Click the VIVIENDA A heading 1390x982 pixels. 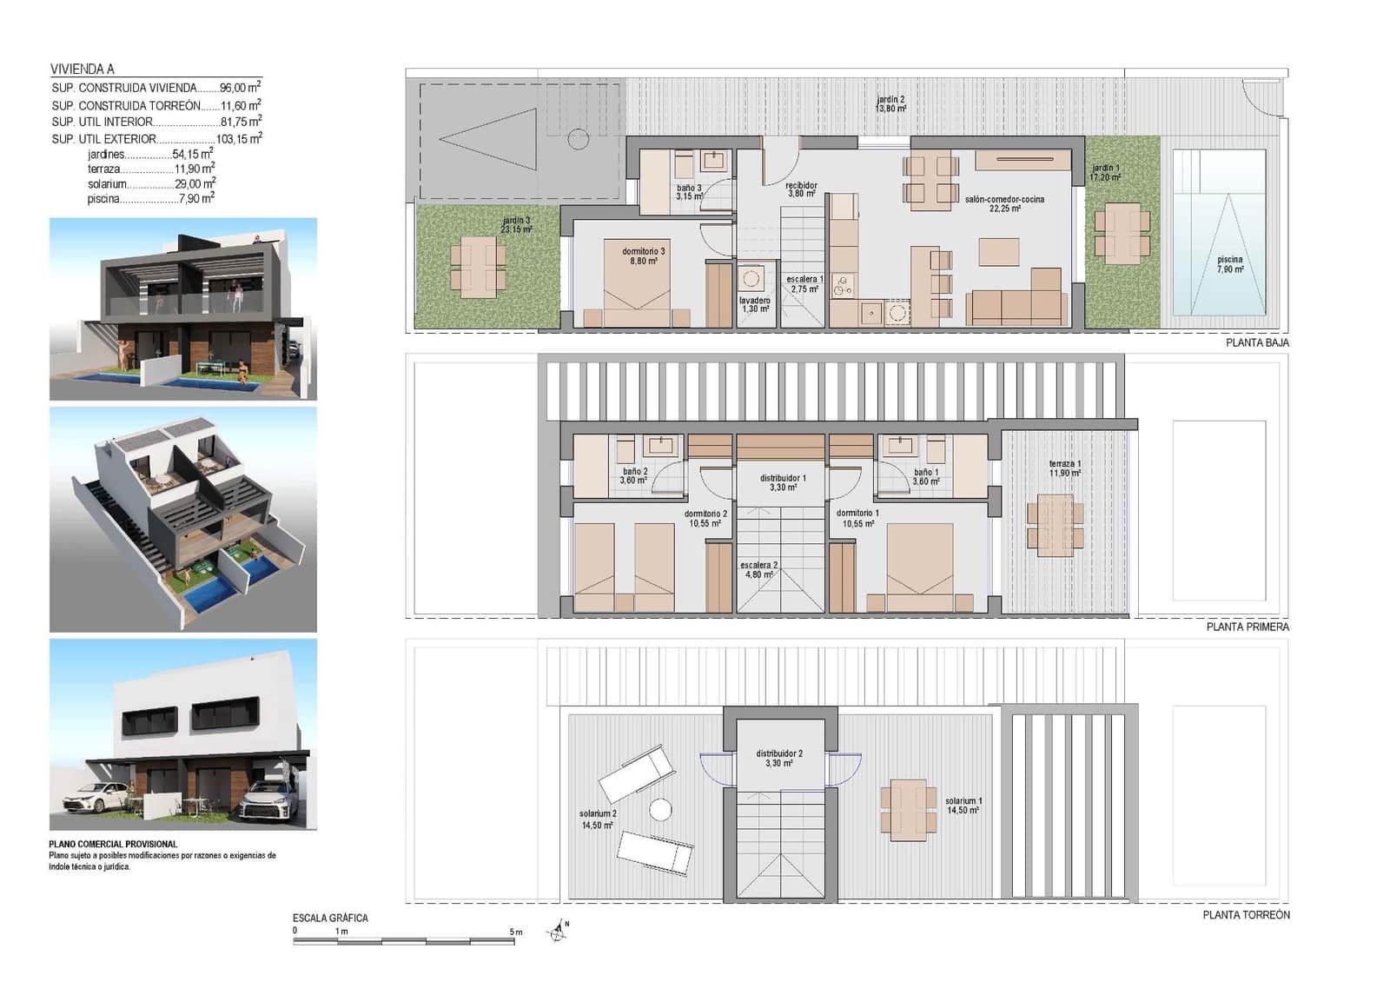[x=83, y=69]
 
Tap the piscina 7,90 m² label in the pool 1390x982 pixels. [x=1229, y=264]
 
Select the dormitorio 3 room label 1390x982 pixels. [x=643, y=255]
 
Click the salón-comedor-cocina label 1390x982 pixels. [x=1004, y=203]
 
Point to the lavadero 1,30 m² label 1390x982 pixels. [x=755, y=304]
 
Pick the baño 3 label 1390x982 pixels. [x=689, y=192]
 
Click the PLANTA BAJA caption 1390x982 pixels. [x=1257, y=342]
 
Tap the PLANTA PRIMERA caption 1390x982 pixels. [x=1248, y=627]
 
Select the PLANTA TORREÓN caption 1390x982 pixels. [x=1246, y=914]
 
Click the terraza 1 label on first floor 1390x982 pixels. [x=1064, y=468]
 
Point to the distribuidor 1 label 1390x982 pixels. [x=783, y=482]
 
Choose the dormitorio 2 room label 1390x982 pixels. [x=705, y=518]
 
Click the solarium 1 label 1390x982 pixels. [x=963, y=806]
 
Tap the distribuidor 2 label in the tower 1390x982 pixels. [x=779, y=758]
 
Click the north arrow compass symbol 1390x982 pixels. [x=559, y=932]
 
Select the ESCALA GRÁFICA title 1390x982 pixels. [x=330, y=918]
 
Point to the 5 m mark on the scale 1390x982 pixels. [x=516, y=932]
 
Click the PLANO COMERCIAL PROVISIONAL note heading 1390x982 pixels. [x=113, y=844]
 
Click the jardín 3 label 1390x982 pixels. [x=516, y=225]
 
